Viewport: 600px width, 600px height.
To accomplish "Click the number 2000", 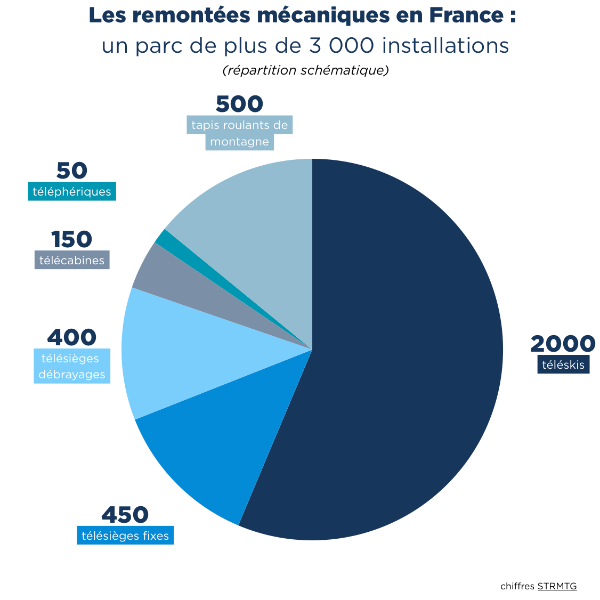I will pyautogui.click(x=562, y=344).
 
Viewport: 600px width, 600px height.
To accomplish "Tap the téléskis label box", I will pyautogui.click(x=563, y=365).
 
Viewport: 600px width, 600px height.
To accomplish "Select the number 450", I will pyautogui.click(x=125, y=515).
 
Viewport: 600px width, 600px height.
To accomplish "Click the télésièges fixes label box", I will pyautogui.click(x=125, y=536).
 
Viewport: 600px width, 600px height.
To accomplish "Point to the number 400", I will pyautogui.click(x=72, y=337).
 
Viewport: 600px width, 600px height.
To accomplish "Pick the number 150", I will pyautogui.click(x=71, y=240).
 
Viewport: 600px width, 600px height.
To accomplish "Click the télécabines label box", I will pyautogui.click(x=72, y=261).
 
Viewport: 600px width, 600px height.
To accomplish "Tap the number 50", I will pyautogui.click(x=71, y=171).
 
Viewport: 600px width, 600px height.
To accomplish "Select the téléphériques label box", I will pyautogui.click(x=72, y=191).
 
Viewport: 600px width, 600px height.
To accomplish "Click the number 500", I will pyautogui.click(x=239, y=104).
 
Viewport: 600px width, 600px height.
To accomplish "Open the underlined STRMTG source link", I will pyautogui.click(x=557, y=586).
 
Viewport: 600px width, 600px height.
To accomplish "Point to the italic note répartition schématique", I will pyautogui.click(x=305, y=70).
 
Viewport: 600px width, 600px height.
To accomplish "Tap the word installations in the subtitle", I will pyautogui.click(x=445, y=46).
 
